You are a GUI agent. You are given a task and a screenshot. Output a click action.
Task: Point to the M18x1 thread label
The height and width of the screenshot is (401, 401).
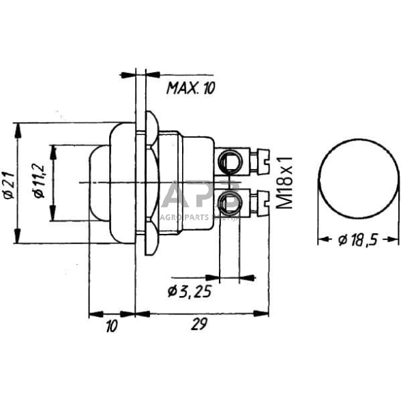(285, 181)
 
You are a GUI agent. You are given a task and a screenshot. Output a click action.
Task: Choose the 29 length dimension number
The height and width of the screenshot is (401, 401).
(198, 326)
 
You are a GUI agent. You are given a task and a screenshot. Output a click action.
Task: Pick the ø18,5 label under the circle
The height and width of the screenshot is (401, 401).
(359, 239)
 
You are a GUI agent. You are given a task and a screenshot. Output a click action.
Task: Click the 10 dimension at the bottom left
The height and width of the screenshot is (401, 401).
(112, 326)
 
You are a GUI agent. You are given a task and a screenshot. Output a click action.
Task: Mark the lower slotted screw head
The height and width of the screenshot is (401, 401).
(258, 200)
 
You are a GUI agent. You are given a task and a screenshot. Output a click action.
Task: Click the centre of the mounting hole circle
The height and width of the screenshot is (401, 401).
(357, 180)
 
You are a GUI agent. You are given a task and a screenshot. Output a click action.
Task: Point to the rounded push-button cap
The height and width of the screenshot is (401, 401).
(98, 182)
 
